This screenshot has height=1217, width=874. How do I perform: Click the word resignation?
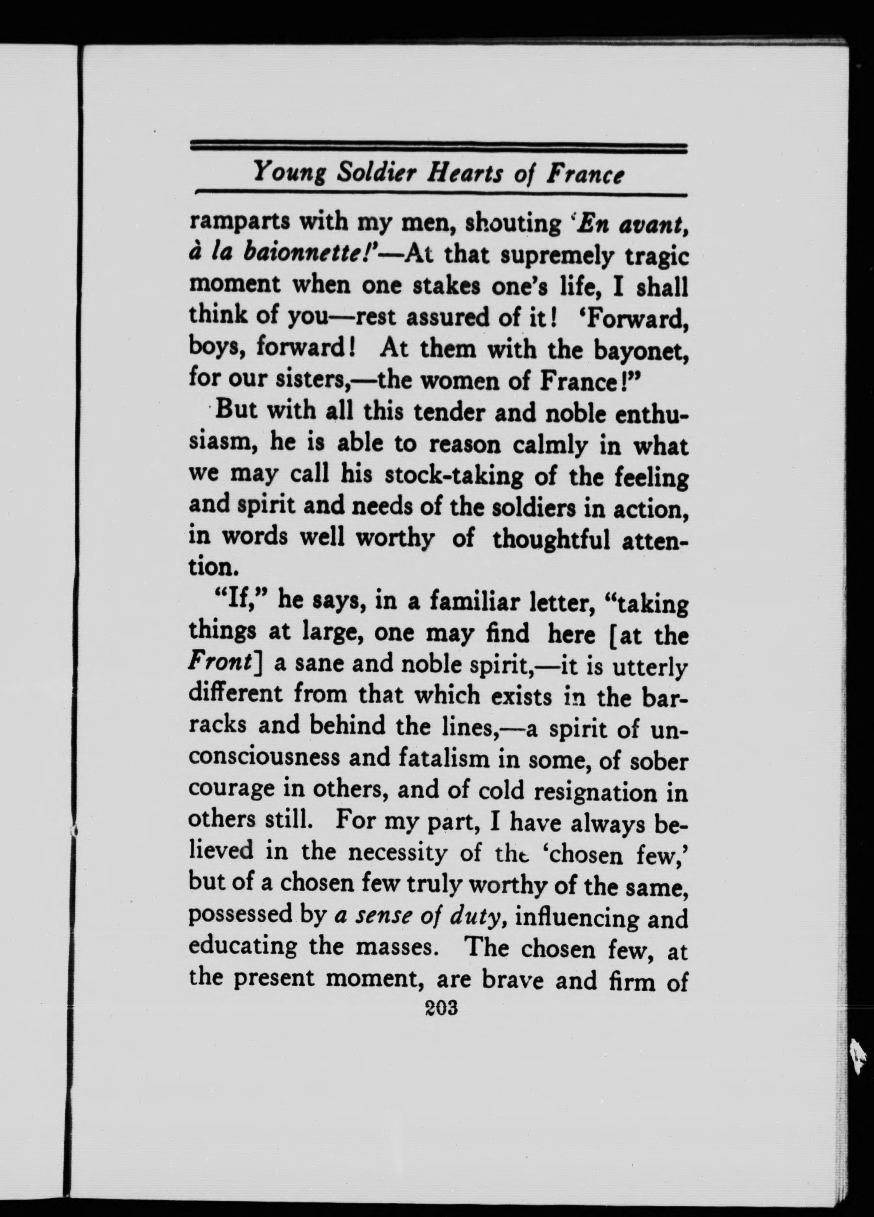[x=595, y=792]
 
